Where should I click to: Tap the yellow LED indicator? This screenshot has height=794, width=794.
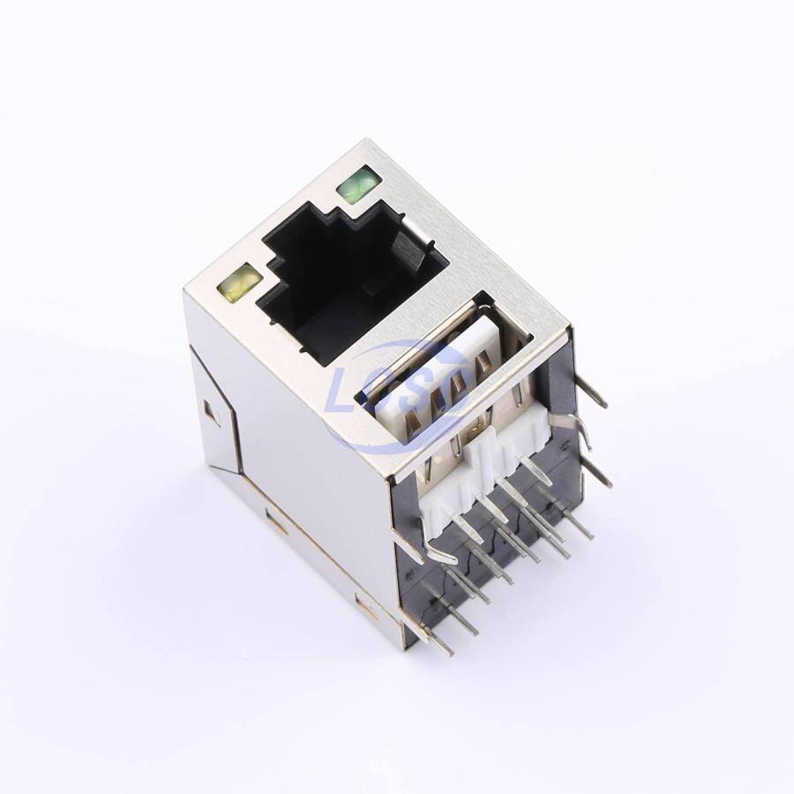pyautogui.click(x=239, y=284)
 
